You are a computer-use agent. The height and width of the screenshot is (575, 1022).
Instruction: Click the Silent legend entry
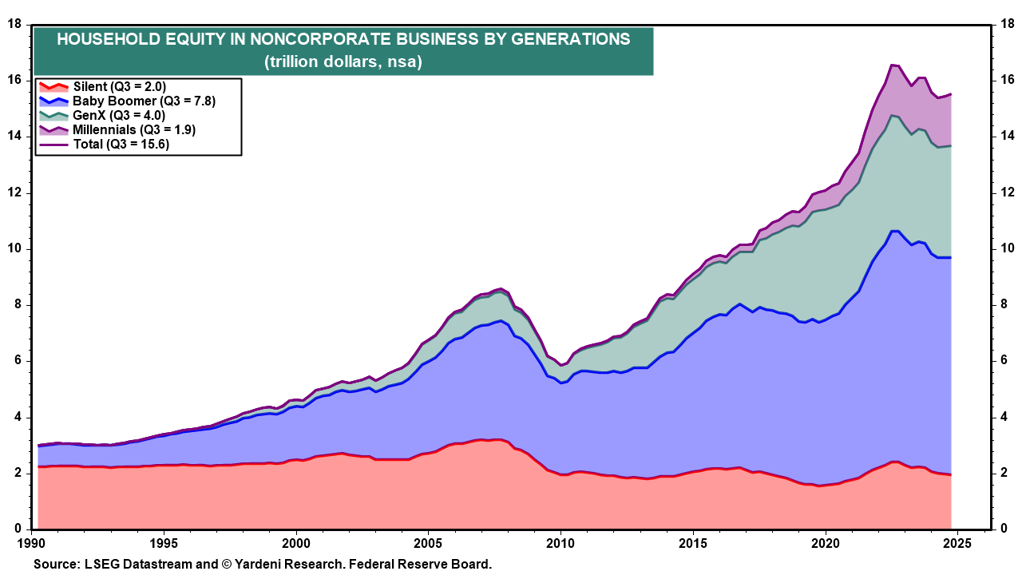[119, 86]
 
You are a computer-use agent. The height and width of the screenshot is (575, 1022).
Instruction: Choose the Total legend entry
[121, 144]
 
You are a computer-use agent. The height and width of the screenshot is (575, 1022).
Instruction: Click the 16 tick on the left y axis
[14, 80]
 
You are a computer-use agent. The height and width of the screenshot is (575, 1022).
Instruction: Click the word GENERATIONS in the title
[566, 39]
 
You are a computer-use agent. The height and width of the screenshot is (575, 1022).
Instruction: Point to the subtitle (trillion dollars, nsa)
[343, 61]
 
